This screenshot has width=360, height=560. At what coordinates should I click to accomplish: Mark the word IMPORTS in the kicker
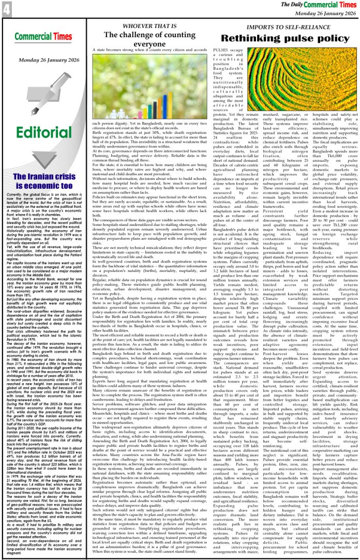pos(259,26)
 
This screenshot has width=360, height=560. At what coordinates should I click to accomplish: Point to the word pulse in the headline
pos(294,38)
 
